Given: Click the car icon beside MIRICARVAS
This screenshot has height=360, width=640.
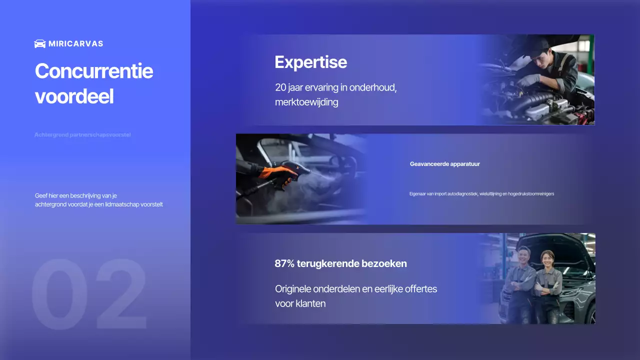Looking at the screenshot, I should pyautogui.click(x=40, y=43).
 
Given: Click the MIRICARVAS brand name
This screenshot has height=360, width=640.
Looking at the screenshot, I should pyautogui.click(x=76, y=43).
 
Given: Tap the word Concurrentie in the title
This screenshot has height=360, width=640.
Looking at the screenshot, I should pyautogui.click(x=93, y=71).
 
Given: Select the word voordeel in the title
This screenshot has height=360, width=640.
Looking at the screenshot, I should pyautogui.click(x=74, y=96).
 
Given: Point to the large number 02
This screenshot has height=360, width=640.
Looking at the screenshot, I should pyautogui.click(x=89, y=295).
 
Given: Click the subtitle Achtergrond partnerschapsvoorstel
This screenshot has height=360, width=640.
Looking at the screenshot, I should pyautogui.click(x=82, y=135).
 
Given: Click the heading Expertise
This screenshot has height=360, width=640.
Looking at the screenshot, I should pyautogui.click(x=310, y=62).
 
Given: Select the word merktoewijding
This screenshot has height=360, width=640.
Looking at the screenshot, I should pyautogui.click(x=306, y=102).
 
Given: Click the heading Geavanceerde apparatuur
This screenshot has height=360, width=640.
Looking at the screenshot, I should pyautogui.click(x=444, y=164).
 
